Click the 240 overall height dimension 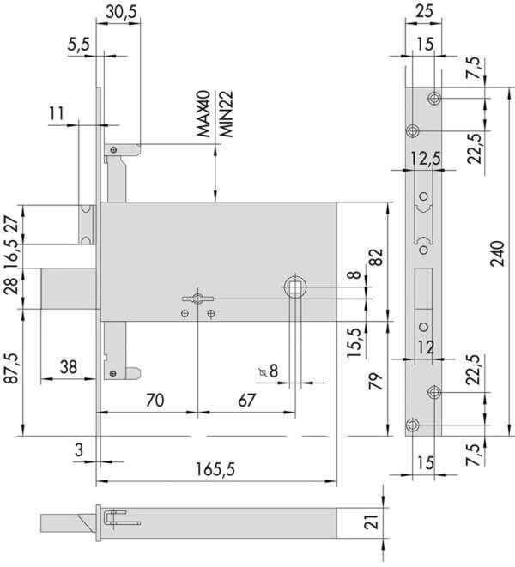click(x=497, y=254)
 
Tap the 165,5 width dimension click(x=215, y=469)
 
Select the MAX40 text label click(x=203, y=113)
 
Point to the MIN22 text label click(x=227, y=113)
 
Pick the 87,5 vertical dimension click(x=11, y=368)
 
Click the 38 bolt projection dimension click(x=69, y=367)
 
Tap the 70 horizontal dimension click(x=154, y=401)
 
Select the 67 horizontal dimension click(x=247, y=401)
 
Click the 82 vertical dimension click(x=377, y=257)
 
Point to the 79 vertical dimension click(x=376, y=381)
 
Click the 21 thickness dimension click(x=373, y=522)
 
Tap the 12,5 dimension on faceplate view click(x=426, y=158)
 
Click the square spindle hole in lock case click(x=296, y=287)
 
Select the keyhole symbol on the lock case click(x=197, y=299)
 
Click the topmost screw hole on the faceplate click(x=434, y=98)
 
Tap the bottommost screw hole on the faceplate click(x=413, y=425)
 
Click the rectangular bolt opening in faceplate click(x=423, y=288)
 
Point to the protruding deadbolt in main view click(x=69, y=288)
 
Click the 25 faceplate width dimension click(x=424, y=11)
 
